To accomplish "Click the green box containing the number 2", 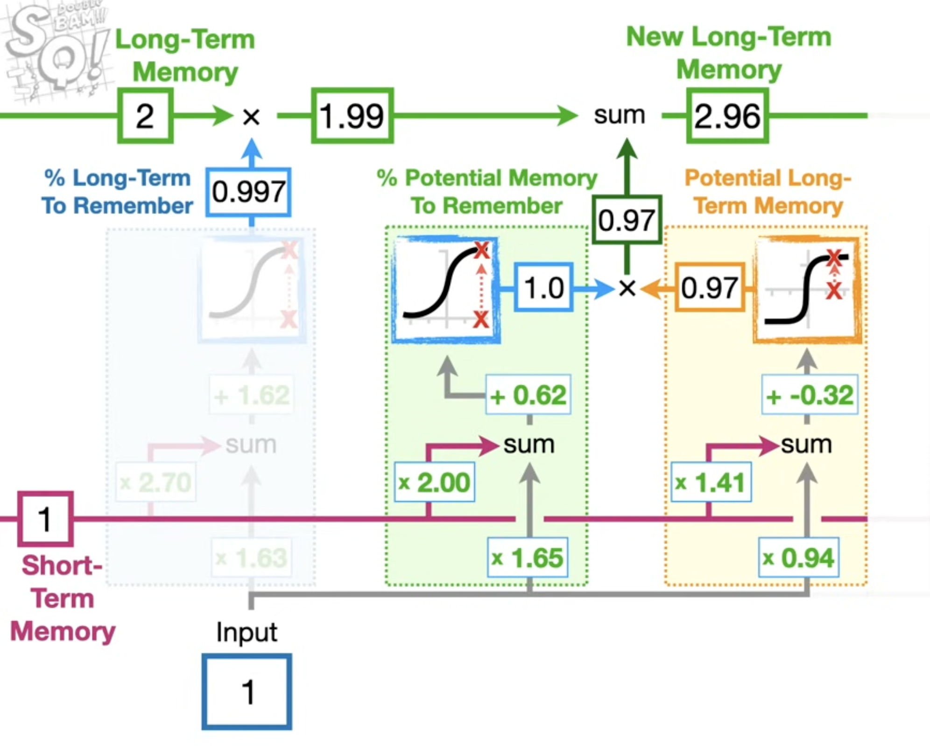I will pyautogui.click(x=145, y=116).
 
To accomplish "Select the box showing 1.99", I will pyautogui.click(x=352, y=116).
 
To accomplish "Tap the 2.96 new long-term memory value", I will pyautogui.click(x=727, y=116).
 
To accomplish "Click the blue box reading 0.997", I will pyautogui.click(x=248, y=192).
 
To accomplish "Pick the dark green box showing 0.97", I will pyautogui.click(x=627, y=220).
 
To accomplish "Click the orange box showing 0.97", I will pyautogui.click(x=709, y=287).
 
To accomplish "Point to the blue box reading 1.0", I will pyautogui.click(x=543, y=287).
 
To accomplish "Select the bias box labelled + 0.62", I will pyautogui.click(x=528, y=395).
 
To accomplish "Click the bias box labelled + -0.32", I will pyautogui.click(x=810, y=395).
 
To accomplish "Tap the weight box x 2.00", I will pyautogui.click(x=434, y=482).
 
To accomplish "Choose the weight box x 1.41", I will pyautogui.click(x=711, y=482).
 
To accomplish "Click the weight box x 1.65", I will pyautogui.click(x=528, y=558).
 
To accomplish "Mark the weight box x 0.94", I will pyautogui.click(x=798, y=558).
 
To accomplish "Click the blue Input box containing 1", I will pyautogui.click(x=247, y=691).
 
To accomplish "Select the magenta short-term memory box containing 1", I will pyautogui.click(x=45, y=519).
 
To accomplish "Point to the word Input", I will pyautogui.click(x=247, y=632).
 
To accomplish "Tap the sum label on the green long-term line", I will pyautogui.click(x=619, y=115).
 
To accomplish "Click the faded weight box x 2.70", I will pyautogui.click(x=155, y=482).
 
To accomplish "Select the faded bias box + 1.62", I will pyautogui.click(x=252, y=395).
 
